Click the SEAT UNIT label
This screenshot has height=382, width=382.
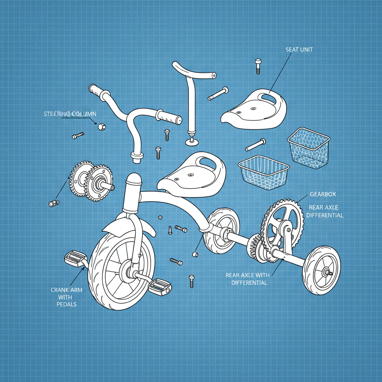click(x=299, y=50)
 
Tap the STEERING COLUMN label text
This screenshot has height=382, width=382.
click(x=70, y=114)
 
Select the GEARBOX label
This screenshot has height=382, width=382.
click(x=323, y=194)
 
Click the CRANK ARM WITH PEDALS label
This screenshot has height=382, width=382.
click(x=66, y=297)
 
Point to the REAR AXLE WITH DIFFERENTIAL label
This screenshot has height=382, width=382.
click(x=248, y=279)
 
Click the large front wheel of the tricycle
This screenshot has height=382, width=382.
click(x=121, y=270)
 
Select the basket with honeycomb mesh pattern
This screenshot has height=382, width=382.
click(x=309, y=148)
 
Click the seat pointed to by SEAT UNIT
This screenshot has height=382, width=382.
click(x=254, y=109)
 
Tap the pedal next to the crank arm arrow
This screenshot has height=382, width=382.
click(x=75, y=259)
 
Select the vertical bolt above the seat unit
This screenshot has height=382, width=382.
click(x=258, y=66)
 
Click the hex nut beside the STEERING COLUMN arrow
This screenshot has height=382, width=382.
click(x=101, y=127)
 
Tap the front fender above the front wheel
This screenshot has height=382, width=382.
click(x=129, y=225)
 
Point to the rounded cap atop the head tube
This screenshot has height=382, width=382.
click(x=134, y=178)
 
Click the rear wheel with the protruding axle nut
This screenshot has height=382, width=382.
click(x=321, y=270)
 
